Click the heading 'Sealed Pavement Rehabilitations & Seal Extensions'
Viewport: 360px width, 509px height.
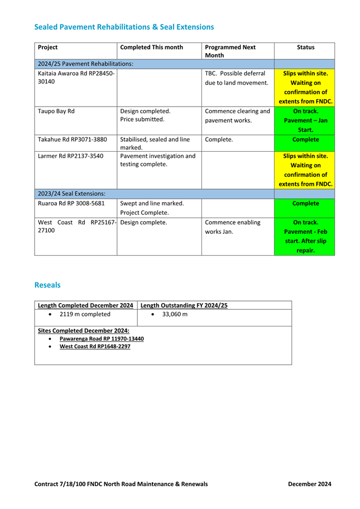click(x=124, y=27)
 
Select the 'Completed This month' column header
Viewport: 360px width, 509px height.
click(x=151, y=47)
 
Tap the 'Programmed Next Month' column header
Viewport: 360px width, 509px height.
click(x=230, y=51)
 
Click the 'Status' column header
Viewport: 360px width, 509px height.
click(x=305, y=47)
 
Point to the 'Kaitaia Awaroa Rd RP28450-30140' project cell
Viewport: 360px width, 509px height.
click(x=76, y=78)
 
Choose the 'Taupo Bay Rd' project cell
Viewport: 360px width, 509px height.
click(x=56, y=111)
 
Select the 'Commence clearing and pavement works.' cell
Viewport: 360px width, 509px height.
click(x=237, y=115)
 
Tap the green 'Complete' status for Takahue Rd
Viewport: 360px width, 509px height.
click(x=305, y=140)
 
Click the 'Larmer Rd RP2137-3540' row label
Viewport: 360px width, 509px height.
click(x=70, y=156)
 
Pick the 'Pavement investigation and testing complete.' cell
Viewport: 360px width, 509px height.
click(x=158, y=160)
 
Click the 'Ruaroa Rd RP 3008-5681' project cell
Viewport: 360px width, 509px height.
click(x=71, y=203)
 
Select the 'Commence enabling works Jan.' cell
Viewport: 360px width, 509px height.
click(x=233, y=227)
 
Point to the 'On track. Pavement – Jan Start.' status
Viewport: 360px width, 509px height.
click(x=305, y=120)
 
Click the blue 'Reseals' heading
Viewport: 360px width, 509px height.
click(x=47, y=285)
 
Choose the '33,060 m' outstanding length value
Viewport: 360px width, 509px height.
click(x=175, y=315)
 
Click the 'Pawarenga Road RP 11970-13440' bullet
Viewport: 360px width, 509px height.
click(x=101, y=339)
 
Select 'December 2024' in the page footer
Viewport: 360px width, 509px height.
click(x=309, y=484)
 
